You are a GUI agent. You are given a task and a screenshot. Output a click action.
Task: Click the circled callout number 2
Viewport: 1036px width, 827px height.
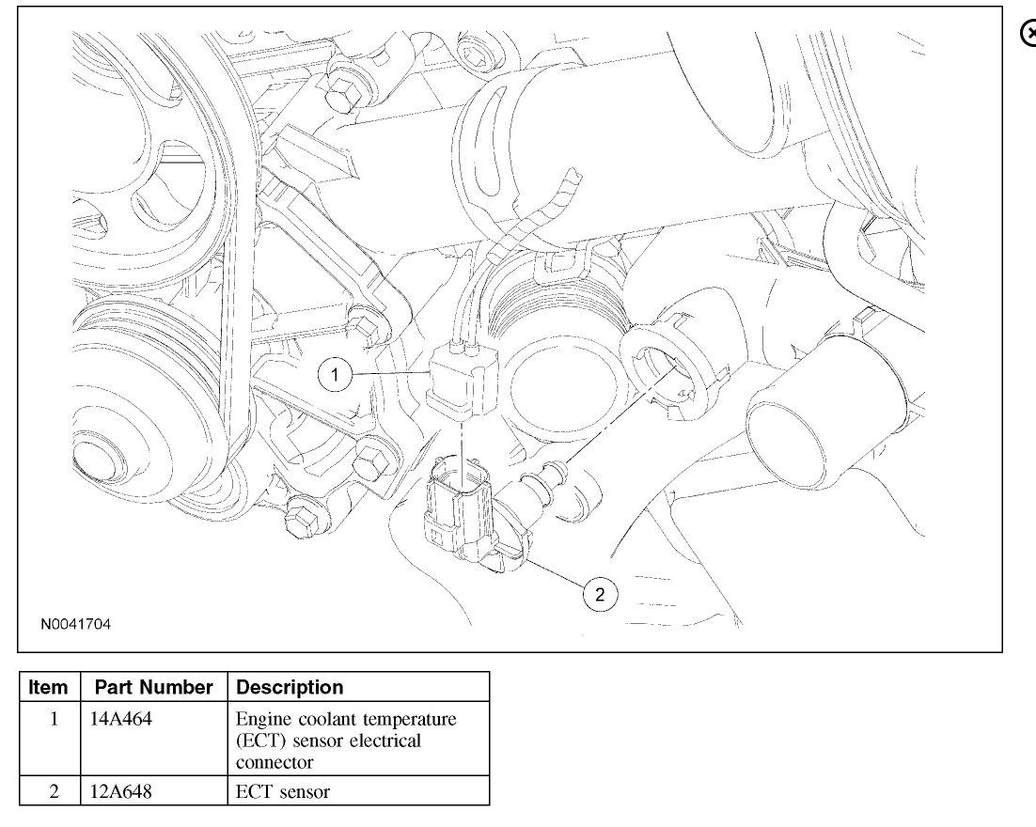coord(601,593)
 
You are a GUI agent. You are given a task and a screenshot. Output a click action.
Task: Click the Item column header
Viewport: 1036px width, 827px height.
coord(50,687)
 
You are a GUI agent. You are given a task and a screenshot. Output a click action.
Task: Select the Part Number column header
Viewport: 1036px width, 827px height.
coord(155,687)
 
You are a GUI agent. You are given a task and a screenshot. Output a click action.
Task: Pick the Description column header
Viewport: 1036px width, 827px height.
coord(290,687)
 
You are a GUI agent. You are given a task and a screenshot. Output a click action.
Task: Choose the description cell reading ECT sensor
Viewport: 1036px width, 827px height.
coord(283,791)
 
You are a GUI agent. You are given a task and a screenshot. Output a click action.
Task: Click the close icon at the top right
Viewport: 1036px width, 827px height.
coord(1028,32)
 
